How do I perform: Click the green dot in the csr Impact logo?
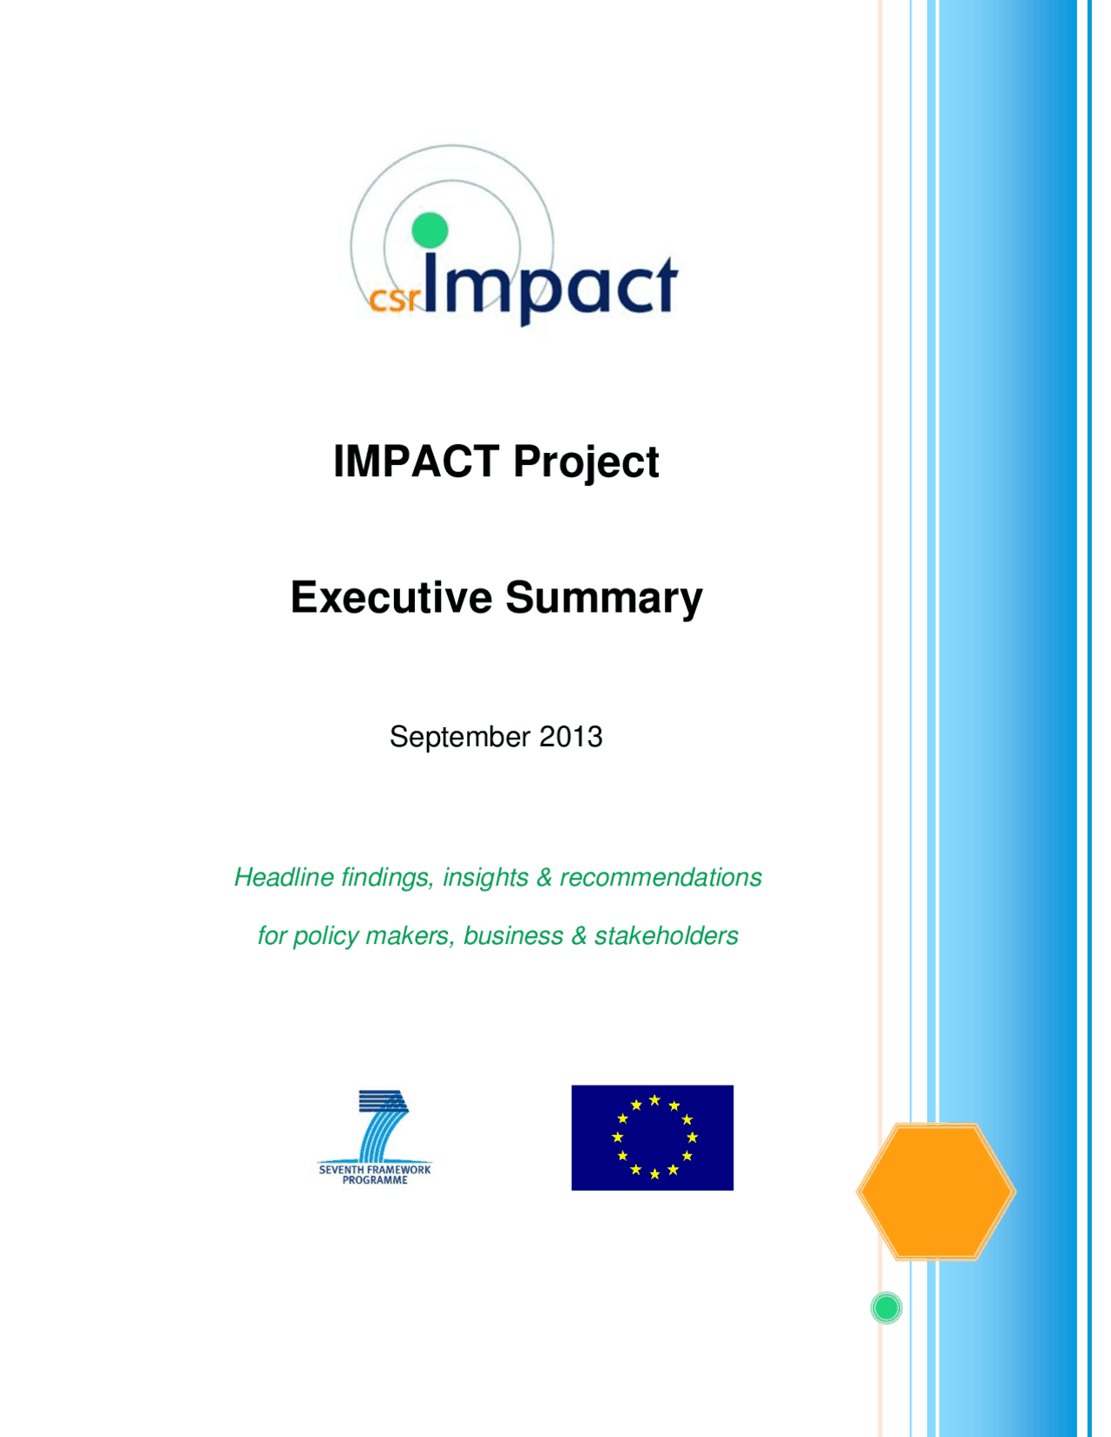tap(429, 230)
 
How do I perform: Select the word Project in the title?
tap(586, 463)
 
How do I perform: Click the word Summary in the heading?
tap(603, 599)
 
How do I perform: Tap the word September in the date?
tap(459, 737)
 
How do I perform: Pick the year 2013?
tap(570, 737)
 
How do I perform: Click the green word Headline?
tap(284, 877)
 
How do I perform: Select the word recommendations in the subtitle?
tap(661, 877)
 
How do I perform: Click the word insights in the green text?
tap(485, 877)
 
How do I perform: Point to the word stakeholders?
tap(666, 935)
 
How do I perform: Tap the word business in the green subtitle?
tap(513, 935)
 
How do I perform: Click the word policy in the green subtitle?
tap(325, 936)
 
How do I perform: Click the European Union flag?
tap(652, 1137)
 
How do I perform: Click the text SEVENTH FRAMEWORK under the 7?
tap(374, 1170)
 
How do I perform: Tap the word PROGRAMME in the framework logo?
tap(374, 1180)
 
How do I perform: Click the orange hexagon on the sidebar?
tap(936, 1191)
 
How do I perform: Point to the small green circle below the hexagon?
tap(886, 1308)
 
